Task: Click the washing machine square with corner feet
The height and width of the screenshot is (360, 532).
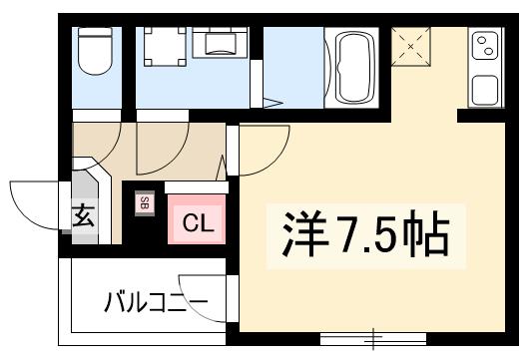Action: coord(157,46)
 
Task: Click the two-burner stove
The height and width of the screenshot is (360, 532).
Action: coord(486,44)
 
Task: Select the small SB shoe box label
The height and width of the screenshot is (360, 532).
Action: coord(144,203)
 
